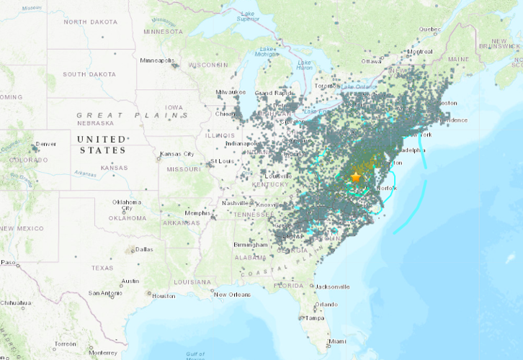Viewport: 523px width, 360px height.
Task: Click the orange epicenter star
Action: (x=355, y=177)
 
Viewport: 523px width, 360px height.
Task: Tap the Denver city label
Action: (x=46, y=144)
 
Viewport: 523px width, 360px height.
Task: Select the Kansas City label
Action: (x=178, y=154)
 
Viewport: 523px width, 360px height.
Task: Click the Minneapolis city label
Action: (x=156, y=60)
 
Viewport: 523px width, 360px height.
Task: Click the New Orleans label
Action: (x=231, y=294)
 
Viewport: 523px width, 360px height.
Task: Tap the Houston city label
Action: (x=164, y=296)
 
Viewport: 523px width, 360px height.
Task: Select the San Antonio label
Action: (x=104, y=293)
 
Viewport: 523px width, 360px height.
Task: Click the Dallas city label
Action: (x=143, y=249)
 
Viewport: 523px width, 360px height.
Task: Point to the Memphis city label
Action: (x=197, y=213)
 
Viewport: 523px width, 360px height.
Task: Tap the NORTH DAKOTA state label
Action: (x=90, y=22)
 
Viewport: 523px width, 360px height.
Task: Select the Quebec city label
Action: (x=430, y=29)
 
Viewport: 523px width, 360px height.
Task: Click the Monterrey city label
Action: (x=103, y=352)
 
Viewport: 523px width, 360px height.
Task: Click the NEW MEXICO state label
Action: (x=22, y=228)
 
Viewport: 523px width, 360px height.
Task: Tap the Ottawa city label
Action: (x=371, y=61)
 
